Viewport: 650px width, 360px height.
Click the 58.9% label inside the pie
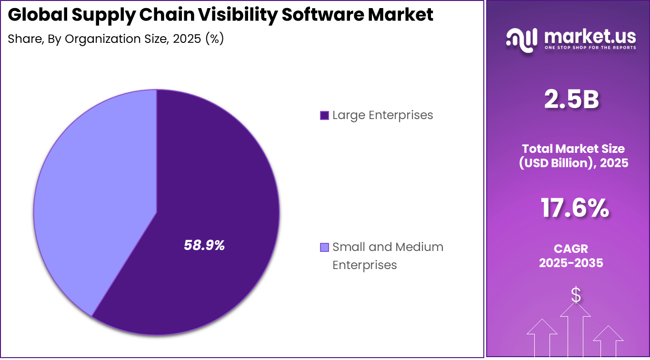[x=204, y=245]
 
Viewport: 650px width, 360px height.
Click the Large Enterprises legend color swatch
[x=324, y=115]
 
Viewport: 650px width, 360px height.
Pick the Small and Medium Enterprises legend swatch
[x=324, y=247]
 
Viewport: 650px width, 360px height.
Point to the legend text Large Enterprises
[x=382, y=115]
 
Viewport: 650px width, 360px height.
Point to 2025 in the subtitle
[x=187, y=39]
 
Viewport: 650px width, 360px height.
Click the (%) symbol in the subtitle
[x=214, y=39]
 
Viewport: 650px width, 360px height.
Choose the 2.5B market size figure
[x=571, y=100]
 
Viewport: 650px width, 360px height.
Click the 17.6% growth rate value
[x=575, y=208]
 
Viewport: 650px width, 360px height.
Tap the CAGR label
[x=571, y=249]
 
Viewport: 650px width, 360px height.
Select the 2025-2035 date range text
[x=571, y=262]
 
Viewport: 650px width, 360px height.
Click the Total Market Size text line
[x=573, y=148]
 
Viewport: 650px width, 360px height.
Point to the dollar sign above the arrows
[x=576, y=295]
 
